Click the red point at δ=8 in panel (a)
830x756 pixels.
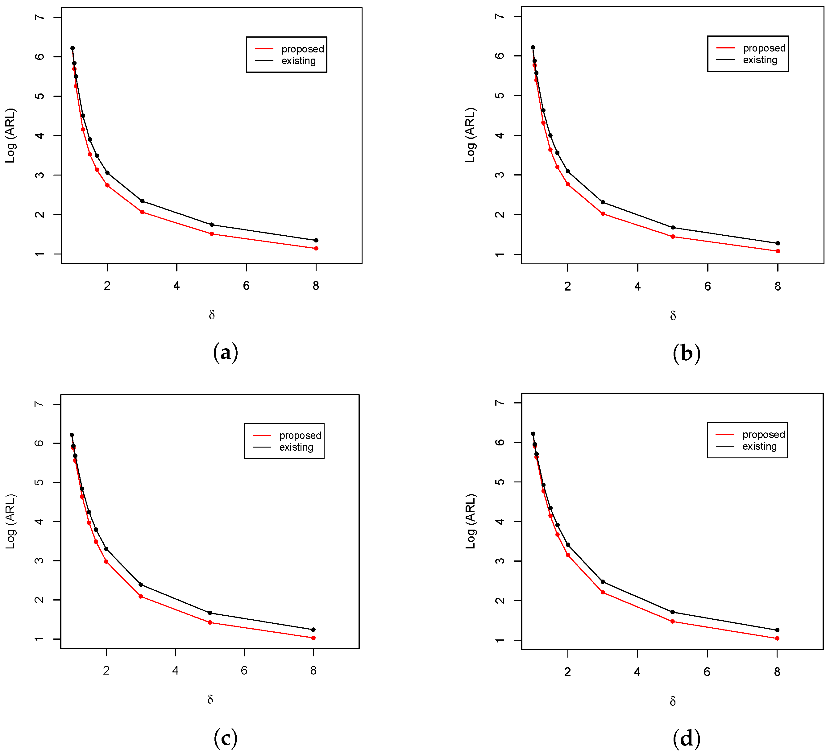coord(316,249)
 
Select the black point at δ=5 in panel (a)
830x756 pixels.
coord(212,225)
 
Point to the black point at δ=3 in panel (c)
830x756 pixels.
coord(141,585)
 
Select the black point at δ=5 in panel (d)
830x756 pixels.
coord(673,612)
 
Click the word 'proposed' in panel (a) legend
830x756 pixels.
coord(303,49)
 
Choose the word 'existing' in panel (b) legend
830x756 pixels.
coord(760,60)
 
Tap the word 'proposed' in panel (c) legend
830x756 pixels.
coord(300,436)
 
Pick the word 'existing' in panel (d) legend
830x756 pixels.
coord(760,447)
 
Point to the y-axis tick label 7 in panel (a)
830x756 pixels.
coord(39,17)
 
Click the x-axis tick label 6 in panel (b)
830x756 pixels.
coord(707,287)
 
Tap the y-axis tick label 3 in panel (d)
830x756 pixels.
coord(500,561)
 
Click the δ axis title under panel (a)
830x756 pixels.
coord(212,315)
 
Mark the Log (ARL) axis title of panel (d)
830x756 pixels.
coord(470,521)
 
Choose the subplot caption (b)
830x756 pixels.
coord(686,353)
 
